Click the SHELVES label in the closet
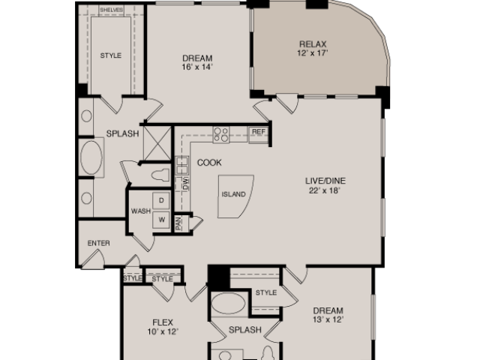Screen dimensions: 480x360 click(x=111, y=10)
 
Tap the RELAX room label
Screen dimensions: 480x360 click(x=313, y=44)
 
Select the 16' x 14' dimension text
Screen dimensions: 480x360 click(x=197, y=67)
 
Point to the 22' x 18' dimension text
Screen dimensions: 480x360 click(x=325, y=190)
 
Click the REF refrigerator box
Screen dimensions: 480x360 click(x=258, y=135)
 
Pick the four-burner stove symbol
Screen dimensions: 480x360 click(x=221, y=135)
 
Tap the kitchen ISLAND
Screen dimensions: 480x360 click(x=234, y=196)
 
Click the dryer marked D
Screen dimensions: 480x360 click(x=161, y=200)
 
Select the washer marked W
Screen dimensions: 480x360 click(x=161, y=220)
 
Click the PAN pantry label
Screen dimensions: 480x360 click(x=178, y=223)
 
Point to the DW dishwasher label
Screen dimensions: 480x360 click(x=186, y=184)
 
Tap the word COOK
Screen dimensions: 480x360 click(x=209, y=163)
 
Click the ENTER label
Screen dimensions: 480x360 click(x=98, y=243)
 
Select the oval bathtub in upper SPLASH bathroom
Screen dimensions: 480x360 click(x=91, y=157)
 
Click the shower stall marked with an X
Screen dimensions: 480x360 click(x=157, y=143)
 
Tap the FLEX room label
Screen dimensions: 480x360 click(x=163, y=322)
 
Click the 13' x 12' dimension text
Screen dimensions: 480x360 click(x=328, y=319)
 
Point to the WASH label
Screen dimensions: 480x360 click(x=141, y=211)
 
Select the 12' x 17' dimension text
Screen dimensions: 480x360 click(x=313, y=53)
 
